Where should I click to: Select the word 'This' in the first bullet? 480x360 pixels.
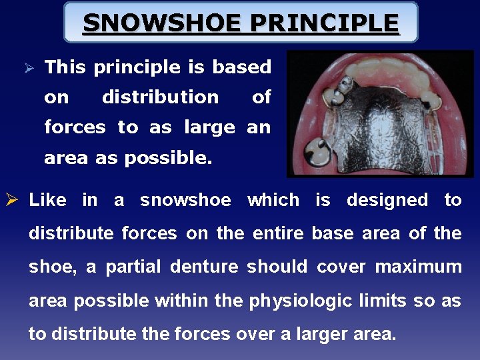coord(65,67)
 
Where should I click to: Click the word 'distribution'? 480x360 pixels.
coord(160,97)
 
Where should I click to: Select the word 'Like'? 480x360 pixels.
coord(47,200)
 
